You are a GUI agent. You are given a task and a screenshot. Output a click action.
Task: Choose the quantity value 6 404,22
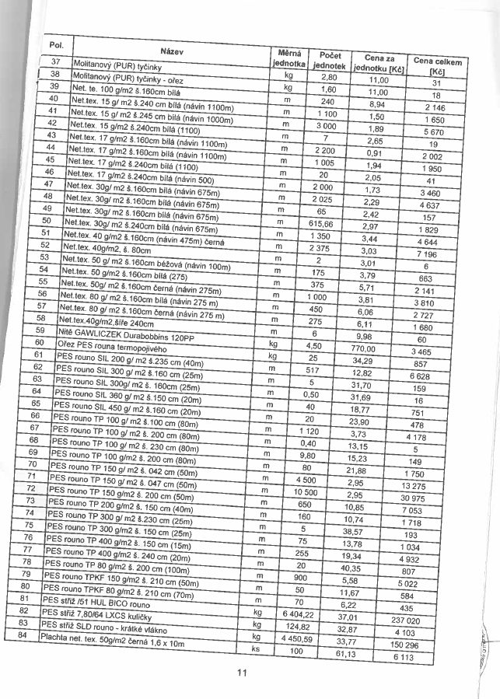[x=319, y=614]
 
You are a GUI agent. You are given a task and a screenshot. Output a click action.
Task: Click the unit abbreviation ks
[x=254, y=647]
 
